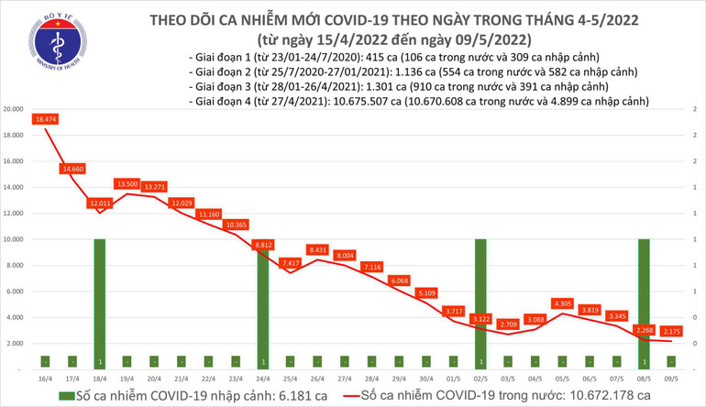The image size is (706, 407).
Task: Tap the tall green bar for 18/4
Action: pos(100,302)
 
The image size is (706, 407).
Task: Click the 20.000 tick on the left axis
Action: pos(14,109)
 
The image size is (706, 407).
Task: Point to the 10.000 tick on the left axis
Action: pos(14,239)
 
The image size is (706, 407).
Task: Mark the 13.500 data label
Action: pos(127,183)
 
